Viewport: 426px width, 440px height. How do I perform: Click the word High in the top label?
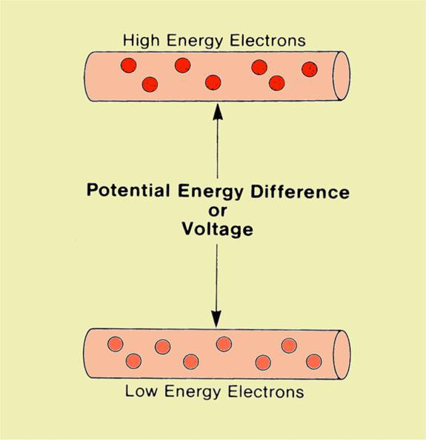[141, 41]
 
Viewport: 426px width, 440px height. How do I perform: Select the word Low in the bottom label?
[141, 391]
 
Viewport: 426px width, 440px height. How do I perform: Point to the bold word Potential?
[128, 190]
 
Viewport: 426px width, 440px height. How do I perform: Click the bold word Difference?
[300, 191]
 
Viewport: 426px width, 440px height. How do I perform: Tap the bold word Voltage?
[218, 229]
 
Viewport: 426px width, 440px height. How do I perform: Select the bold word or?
[218, 211]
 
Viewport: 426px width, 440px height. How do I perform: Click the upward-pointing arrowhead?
[218, 112]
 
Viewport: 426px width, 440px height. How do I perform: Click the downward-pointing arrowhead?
[216, 319]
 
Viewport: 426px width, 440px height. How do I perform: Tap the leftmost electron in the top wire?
[129, 65]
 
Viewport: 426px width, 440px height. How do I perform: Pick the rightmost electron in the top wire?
[310, 69]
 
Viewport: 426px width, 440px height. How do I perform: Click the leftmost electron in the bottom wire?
[115, 344]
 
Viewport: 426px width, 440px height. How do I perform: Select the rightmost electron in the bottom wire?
[314, 361]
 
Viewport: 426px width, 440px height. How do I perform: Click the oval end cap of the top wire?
[342, 76]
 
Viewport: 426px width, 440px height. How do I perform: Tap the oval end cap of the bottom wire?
[342, 355]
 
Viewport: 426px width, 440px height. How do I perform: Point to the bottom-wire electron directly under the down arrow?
[224, 344]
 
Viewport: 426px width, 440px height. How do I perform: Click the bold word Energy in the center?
[210, 191]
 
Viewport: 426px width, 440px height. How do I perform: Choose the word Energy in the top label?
[195, 42]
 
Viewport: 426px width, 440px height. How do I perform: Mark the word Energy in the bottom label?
[193, 392]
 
